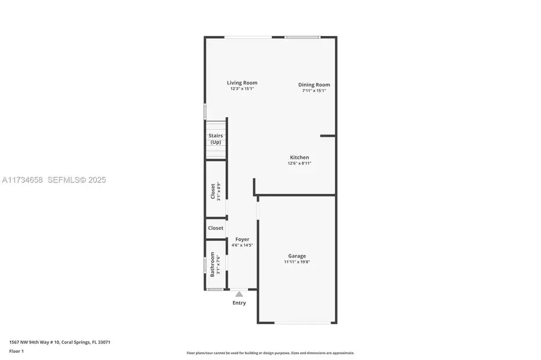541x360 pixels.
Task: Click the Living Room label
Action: click(242, 83)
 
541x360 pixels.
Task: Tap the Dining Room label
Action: click(314, 85)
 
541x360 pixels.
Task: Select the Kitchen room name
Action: click(300, 157)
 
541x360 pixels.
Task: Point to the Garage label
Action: click(297, 256)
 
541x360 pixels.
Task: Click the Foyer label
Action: click(242, 239)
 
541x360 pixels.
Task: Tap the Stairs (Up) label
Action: click(216, 139)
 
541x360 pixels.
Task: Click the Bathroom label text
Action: click(212, 264)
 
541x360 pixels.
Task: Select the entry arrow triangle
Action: click(239, 294)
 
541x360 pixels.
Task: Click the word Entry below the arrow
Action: click(239, 303)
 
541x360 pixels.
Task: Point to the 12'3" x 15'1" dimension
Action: click(242, 89)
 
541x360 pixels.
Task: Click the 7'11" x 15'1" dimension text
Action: click(314, 91)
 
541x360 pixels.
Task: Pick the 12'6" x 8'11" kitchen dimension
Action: click(300, 163)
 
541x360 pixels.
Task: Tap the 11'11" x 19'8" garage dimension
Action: click(297, 262)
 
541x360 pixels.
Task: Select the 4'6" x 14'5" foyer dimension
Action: click(242, 245)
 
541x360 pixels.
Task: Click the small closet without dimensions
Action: click(216, 228)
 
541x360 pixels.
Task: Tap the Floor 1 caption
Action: click(17, 352)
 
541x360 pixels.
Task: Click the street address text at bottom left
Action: click(59, 343)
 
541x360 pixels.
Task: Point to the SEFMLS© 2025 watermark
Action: click(77, 180)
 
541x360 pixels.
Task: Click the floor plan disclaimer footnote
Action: click(270, 353)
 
